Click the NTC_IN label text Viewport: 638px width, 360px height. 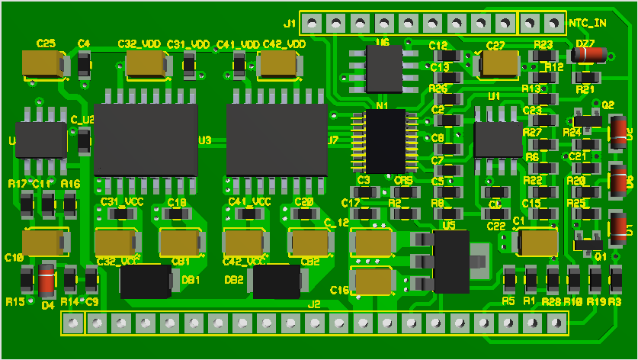(x=588, y=24)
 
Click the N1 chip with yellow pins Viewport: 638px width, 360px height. (x=385, y=141)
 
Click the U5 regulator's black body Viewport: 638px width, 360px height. (x=450, y=262)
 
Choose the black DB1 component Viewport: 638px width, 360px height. (x=146, y=281)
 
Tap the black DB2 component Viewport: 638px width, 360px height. (x=277, y=281)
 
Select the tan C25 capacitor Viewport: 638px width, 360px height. (x=44, y=63)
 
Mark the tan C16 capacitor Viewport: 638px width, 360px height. (x=374, y=281)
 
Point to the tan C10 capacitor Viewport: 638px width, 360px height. (x=44, y=243)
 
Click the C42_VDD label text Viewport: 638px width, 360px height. (x=284, y=44)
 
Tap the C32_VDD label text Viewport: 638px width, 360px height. (x=139, y=44)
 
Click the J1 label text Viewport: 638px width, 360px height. (x=290, y=24)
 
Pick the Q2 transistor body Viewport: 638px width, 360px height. (x=587, y=120)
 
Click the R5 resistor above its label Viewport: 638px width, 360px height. (x=509, y=280)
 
